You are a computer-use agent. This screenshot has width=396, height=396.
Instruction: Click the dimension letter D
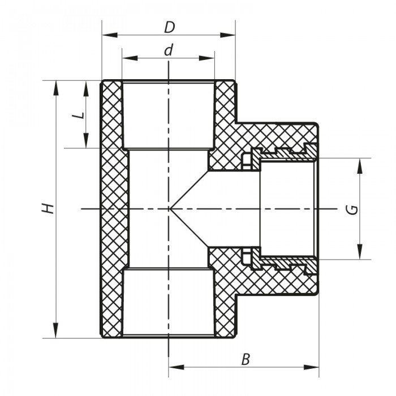[168, 27]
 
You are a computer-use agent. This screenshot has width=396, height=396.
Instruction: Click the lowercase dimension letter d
[168, 50]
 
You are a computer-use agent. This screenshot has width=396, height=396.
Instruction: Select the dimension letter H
[50, 208]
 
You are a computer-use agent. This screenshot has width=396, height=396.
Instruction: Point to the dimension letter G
[352, 209]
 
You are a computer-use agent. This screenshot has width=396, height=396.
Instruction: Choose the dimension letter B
[244, 359]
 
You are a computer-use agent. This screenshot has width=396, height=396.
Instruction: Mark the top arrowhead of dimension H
[55, 87]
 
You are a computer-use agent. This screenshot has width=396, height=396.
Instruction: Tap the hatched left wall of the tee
[114, 209]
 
